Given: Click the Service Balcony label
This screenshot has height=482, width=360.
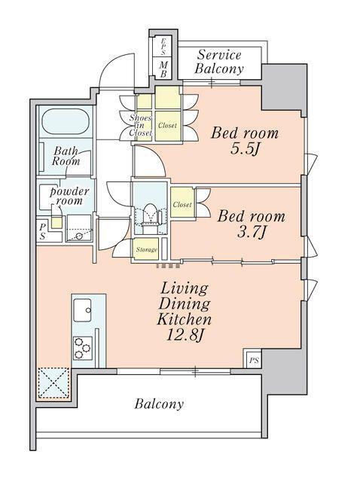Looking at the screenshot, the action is coord(219,62).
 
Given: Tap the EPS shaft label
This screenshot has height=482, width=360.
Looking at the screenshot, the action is coord(163,46).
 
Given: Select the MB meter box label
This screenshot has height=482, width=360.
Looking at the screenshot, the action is coord(164,69).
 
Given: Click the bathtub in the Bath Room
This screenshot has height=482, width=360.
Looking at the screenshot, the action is coord(66,121).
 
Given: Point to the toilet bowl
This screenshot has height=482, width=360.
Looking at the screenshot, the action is coord(151,214).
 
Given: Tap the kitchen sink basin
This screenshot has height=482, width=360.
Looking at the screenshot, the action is coord(82,310).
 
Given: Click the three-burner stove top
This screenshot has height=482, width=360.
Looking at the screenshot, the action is coord(82,348).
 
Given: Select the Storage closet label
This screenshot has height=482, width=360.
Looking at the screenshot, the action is coord(146,249).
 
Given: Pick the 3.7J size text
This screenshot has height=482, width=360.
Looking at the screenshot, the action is coord(251,232).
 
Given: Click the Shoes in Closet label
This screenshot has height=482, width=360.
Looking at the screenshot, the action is coord(141,125).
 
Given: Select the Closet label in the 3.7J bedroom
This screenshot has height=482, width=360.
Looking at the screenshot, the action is coord(182,204).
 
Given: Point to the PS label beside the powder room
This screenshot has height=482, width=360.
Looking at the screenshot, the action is coord(42,231).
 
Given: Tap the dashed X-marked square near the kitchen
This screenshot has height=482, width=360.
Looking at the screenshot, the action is coord(53,383).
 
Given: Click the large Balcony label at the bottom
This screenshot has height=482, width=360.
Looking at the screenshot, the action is coord(159,404).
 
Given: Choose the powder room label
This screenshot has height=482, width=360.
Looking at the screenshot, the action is coord(69,196).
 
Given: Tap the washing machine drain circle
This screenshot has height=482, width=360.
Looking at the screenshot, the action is coord(79,236).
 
